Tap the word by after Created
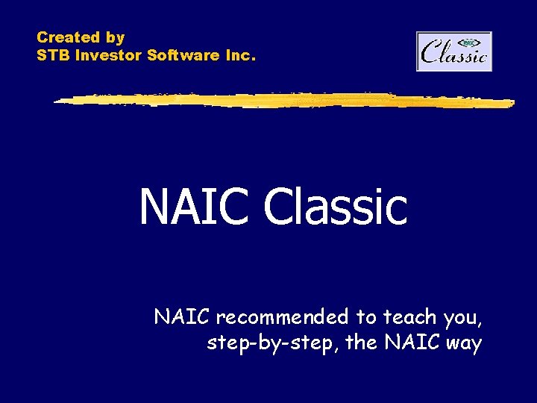(116, 37)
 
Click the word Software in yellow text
(183, 55)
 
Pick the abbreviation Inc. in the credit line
(241, 55)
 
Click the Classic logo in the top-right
(454, 51)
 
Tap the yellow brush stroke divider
(283, 99)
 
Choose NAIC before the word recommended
(183, 317)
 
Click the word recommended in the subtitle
(283, 317)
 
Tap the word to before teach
(365, 317)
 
